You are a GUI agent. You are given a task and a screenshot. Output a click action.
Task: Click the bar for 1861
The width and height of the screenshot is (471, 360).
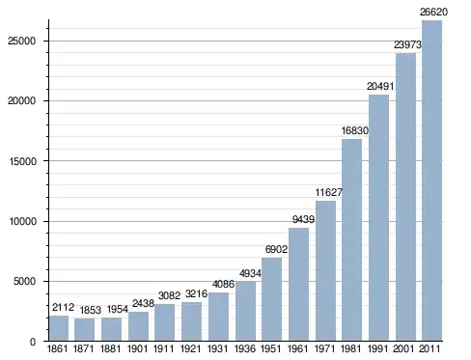[59, 328]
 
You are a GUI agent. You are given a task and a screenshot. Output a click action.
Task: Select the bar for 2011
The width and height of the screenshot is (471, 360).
[431, 180]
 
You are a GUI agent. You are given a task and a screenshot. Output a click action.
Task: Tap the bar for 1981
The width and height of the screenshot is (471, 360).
[351, 239]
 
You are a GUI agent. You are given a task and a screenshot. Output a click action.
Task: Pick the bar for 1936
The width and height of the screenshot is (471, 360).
[245, 311]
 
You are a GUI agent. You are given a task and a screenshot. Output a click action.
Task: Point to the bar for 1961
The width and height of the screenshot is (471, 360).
[298, 285]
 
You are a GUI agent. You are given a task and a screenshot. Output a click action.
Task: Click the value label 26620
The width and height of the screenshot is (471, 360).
[433, 12]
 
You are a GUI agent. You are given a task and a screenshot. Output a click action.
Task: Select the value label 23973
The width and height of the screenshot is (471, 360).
[407, 44]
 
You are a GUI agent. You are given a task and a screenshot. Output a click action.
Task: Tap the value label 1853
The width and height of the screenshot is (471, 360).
[91, 310]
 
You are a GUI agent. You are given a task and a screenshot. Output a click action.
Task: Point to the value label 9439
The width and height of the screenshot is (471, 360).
[303, 219]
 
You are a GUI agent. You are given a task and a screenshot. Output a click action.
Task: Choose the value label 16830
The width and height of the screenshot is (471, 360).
[355, 130]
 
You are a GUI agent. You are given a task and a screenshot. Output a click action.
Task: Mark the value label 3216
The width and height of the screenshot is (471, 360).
[196, 293]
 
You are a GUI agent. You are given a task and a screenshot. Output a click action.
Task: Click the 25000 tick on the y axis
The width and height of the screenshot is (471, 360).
[22, 41]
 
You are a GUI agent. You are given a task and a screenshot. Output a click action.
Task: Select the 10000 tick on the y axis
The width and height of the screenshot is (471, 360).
[22, 221]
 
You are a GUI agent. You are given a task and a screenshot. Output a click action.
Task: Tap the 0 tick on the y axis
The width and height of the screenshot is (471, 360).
[33, 342]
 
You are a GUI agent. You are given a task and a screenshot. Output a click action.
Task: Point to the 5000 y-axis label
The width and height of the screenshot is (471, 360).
[24, 282]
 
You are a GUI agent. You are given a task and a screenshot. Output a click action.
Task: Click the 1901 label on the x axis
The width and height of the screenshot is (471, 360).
[138, 348]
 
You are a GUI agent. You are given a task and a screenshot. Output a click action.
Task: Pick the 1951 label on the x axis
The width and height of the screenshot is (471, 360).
[271, 348]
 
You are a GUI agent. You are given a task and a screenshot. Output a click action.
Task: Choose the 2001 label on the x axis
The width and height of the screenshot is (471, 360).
[403, 348]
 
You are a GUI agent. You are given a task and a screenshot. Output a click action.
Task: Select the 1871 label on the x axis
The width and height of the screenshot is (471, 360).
[84, 348]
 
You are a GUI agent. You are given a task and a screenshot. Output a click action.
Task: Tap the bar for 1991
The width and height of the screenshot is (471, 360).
[378, 218]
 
